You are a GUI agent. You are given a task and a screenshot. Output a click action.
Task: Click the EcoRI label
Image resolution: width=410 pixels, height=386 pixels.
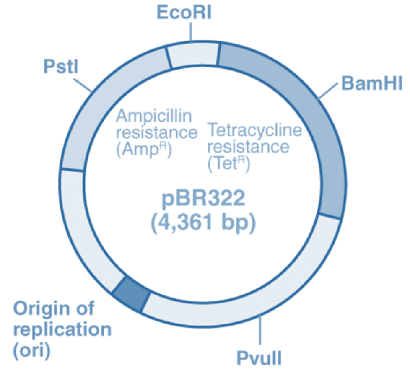click(184, 13)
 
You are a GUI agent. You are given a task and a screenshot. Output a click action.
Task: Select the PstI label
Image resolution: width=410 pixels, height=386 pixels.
click(61, 67)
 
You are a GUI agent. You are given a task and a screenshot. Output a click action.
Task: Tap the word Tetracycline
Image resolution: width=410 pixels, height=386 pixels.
click(255, 130)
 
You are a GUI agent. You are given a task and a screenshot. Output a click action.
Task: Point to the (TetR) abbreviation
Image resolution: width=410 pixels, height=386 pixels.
click(228, 164)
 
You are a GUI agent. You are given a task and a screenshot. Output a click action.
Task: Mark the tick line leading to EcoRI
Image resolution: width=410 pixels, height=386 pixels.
click(192, 32)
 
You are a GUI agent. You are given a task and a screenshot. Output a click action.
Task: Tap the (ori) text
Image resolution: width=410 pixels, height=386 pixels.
click(31, 351)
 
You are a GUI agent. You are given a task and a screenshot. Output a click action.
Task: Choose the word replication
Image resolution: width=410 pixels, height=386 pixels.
click(62, 330)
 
